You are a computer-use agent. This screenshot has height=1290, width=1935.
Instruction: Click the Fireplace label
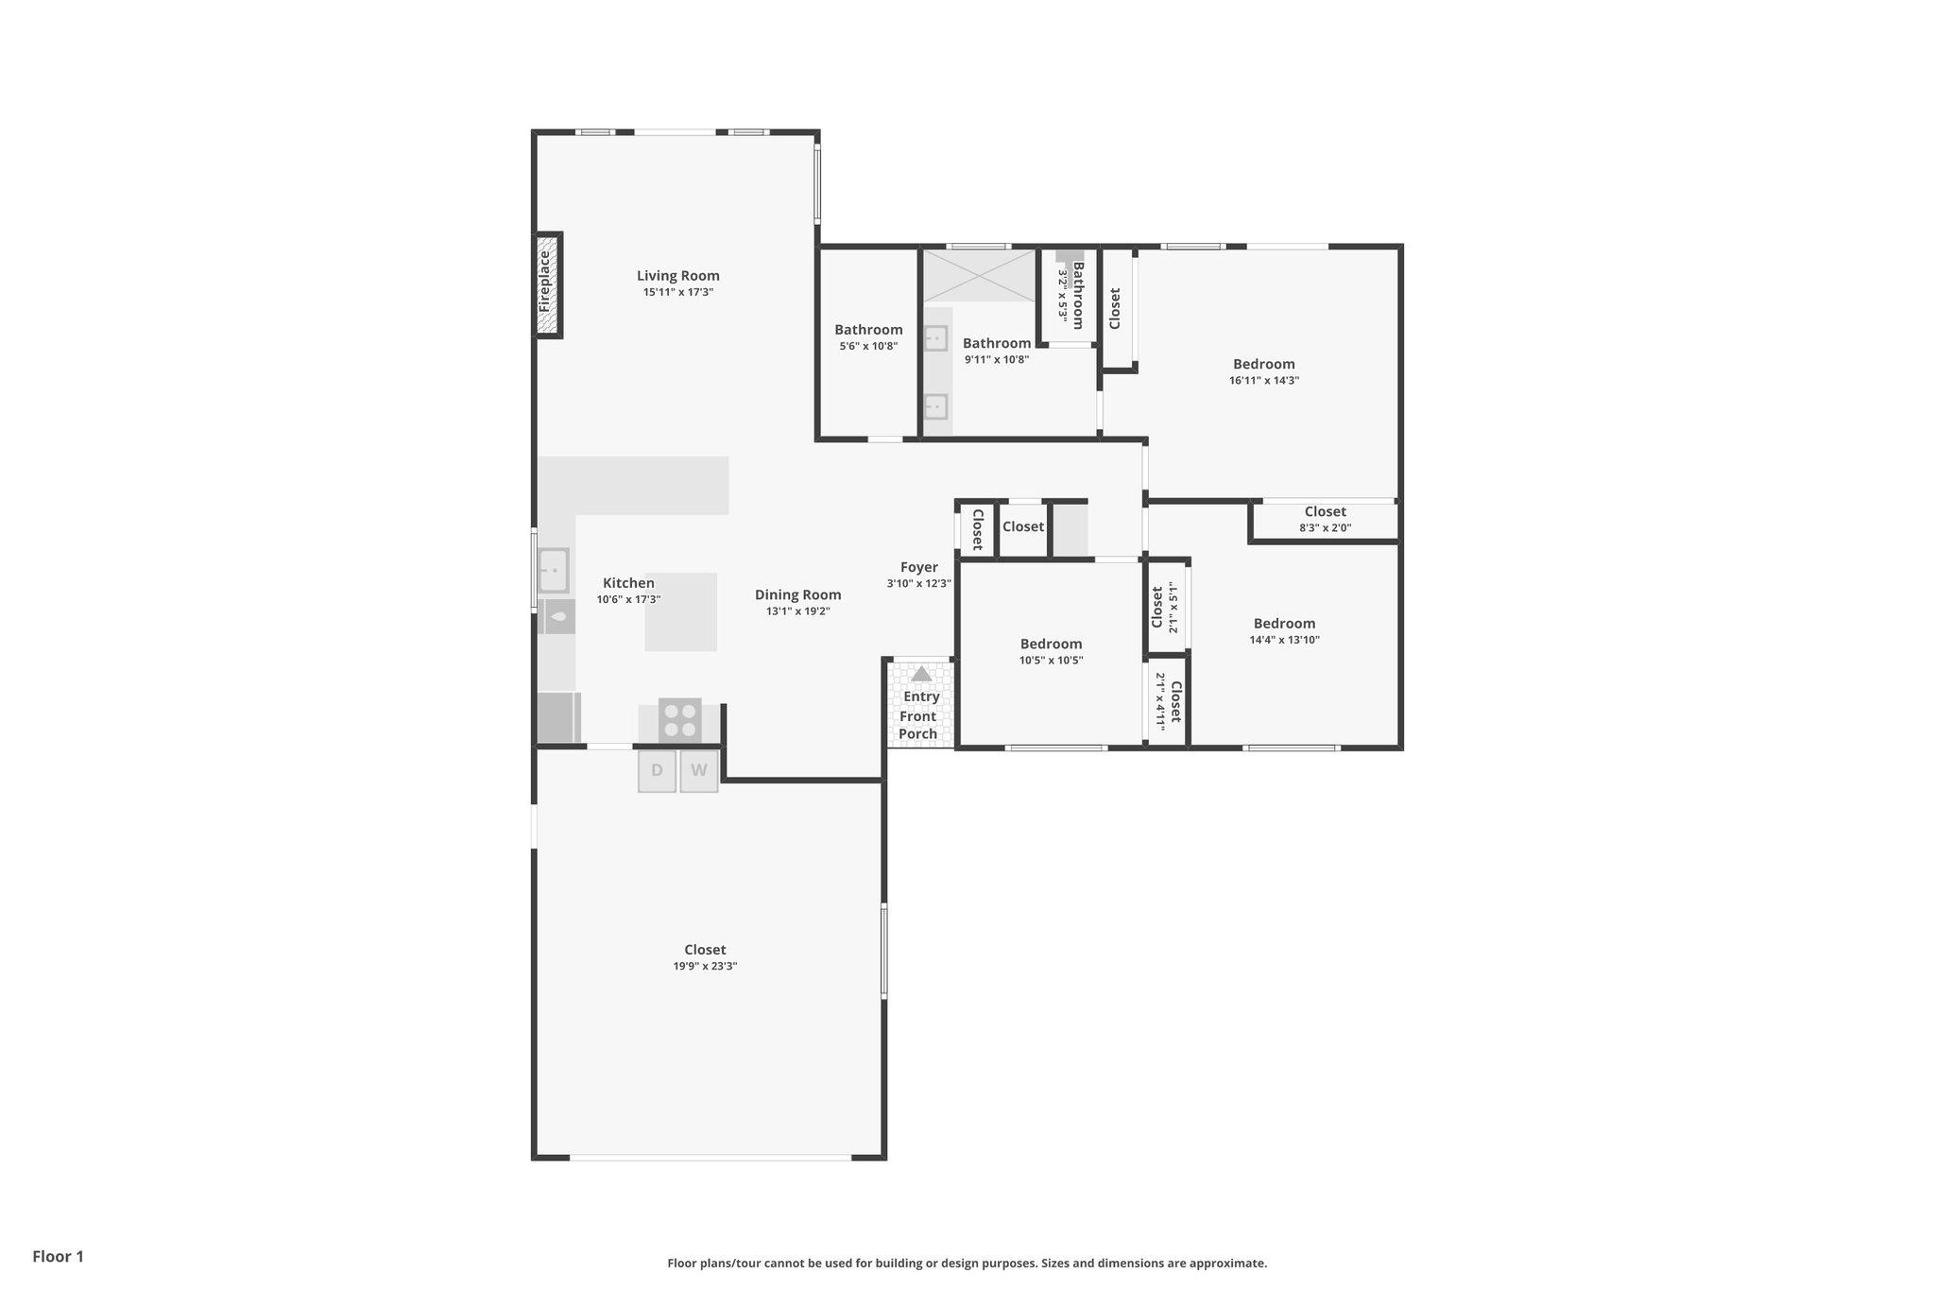click(545, 282)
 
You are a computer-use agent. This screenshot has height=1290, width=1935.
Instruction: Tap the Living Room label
click(677, 276)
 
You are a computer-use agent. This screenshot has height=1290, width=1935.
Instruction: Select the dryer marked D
click(657, 770)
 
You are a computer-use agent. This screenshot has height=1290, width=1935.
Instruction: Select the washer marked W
click(699, 770)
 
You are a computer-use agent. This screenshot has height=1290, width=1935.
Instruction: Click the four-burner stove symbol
click(679, 720)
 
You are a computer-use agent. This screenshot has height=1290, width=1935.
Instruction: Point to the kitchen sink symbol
click(553, 571)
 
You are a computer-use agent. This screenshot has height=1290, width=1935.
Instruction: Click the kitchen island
click(680, 612)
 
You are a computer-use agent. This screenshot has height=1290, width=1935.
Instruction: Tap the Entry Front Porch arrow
click(921, 674)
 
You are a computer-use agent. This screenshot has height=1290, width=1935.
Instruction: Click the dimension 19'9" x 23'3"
click(705, 966)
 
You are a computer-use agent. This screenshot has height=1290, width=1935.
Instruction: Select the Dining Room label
click(797, 594)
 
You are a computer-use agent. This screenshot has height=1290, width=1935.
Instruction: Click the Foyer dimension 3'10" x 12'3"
click(918, 584)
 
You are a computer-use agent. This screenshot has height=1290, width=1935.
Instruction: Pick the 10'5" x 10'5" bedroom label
click(1051, 645)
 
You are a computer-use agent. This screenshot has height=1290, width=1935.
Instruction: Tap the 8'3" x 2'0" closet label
click(1325, 527)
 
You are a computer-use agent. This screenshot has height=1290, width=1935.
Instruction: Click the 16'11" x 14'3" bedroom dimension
click(1263, 380)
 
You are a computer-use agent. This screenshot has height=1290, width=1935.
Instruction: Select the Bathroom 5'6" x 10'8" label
click(868, 330)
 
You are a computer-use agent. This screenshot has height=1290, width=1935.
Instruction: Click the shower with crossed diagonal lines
click(979, 275)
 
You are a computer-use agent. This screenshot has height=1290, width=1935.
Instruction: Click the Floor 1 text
click(58, 1256)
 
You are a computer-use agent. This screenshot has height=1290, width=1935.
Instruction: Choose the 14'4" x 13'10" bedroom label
click(1284, 624)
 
